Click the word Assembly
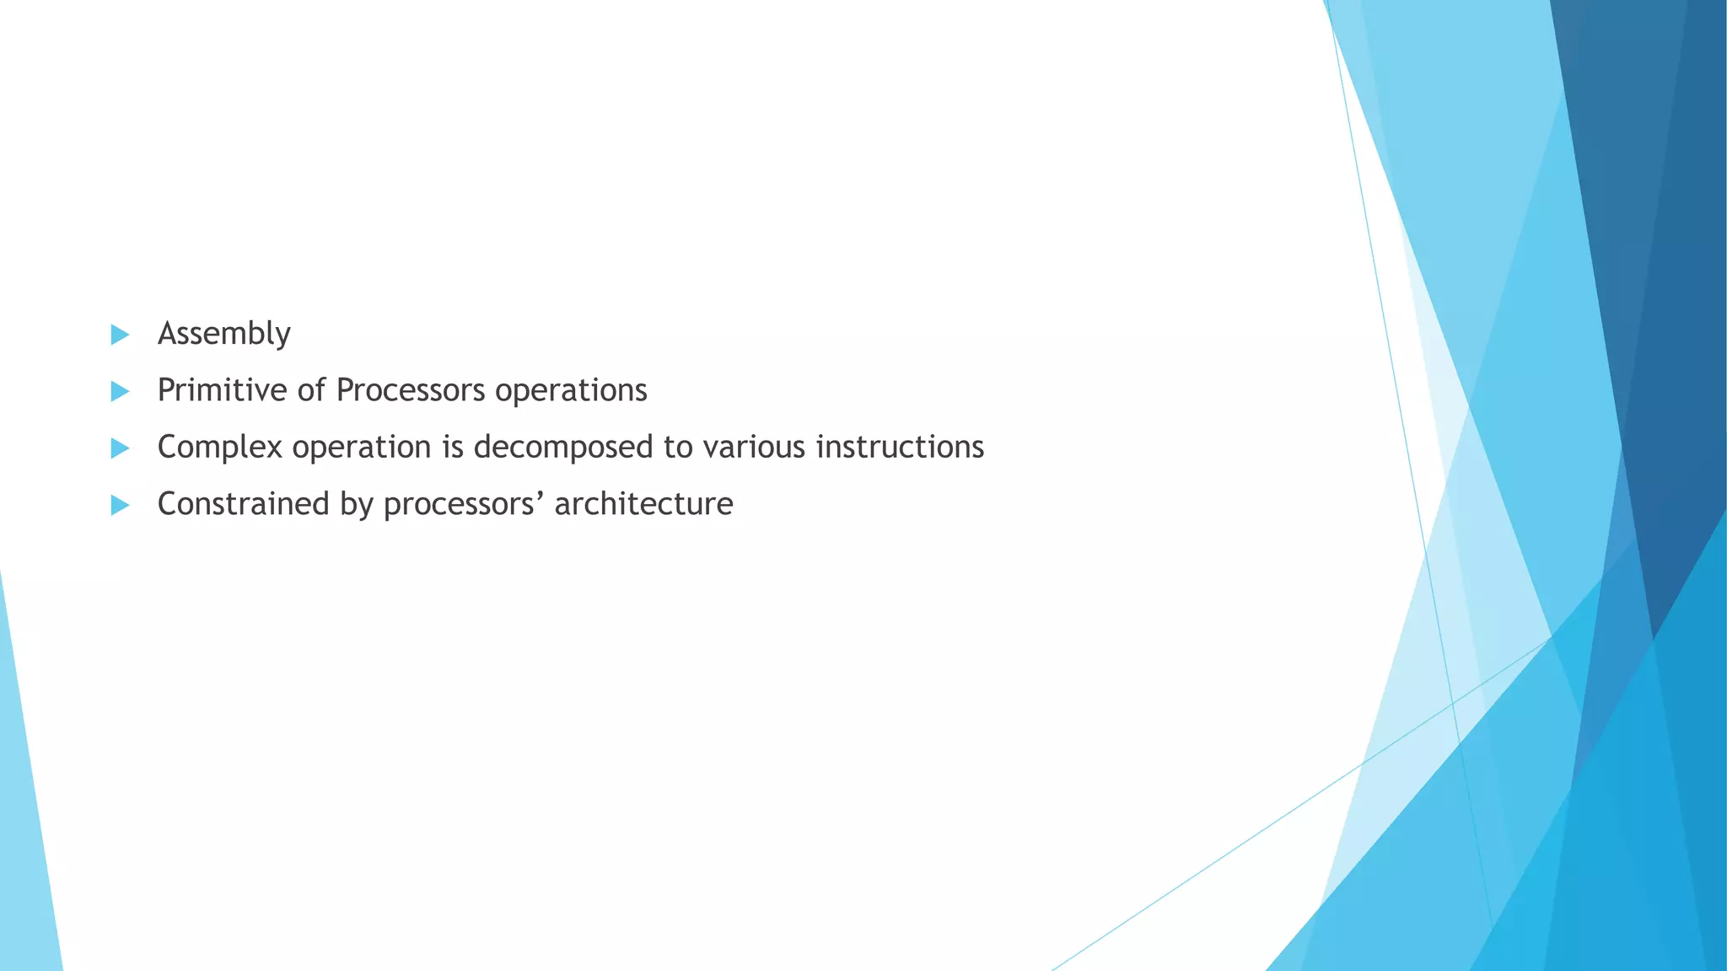click(x=223, y=334)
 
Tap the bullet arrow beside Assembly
click(x=120, y=335)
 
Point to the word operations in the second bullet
click(x=571, y=390)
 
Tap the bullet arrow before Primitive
click(x=120, y=391)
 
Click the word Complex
click(x=219, y=447)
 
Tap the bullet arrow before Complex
click(x=120, y=448)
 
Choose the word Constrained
click(x=243, y=504)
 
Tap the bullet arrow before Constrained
click(x=120, y=505)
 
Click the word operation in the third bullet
click(x=362, y=447)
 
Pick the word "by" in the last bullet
click(x=356, y=504)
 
